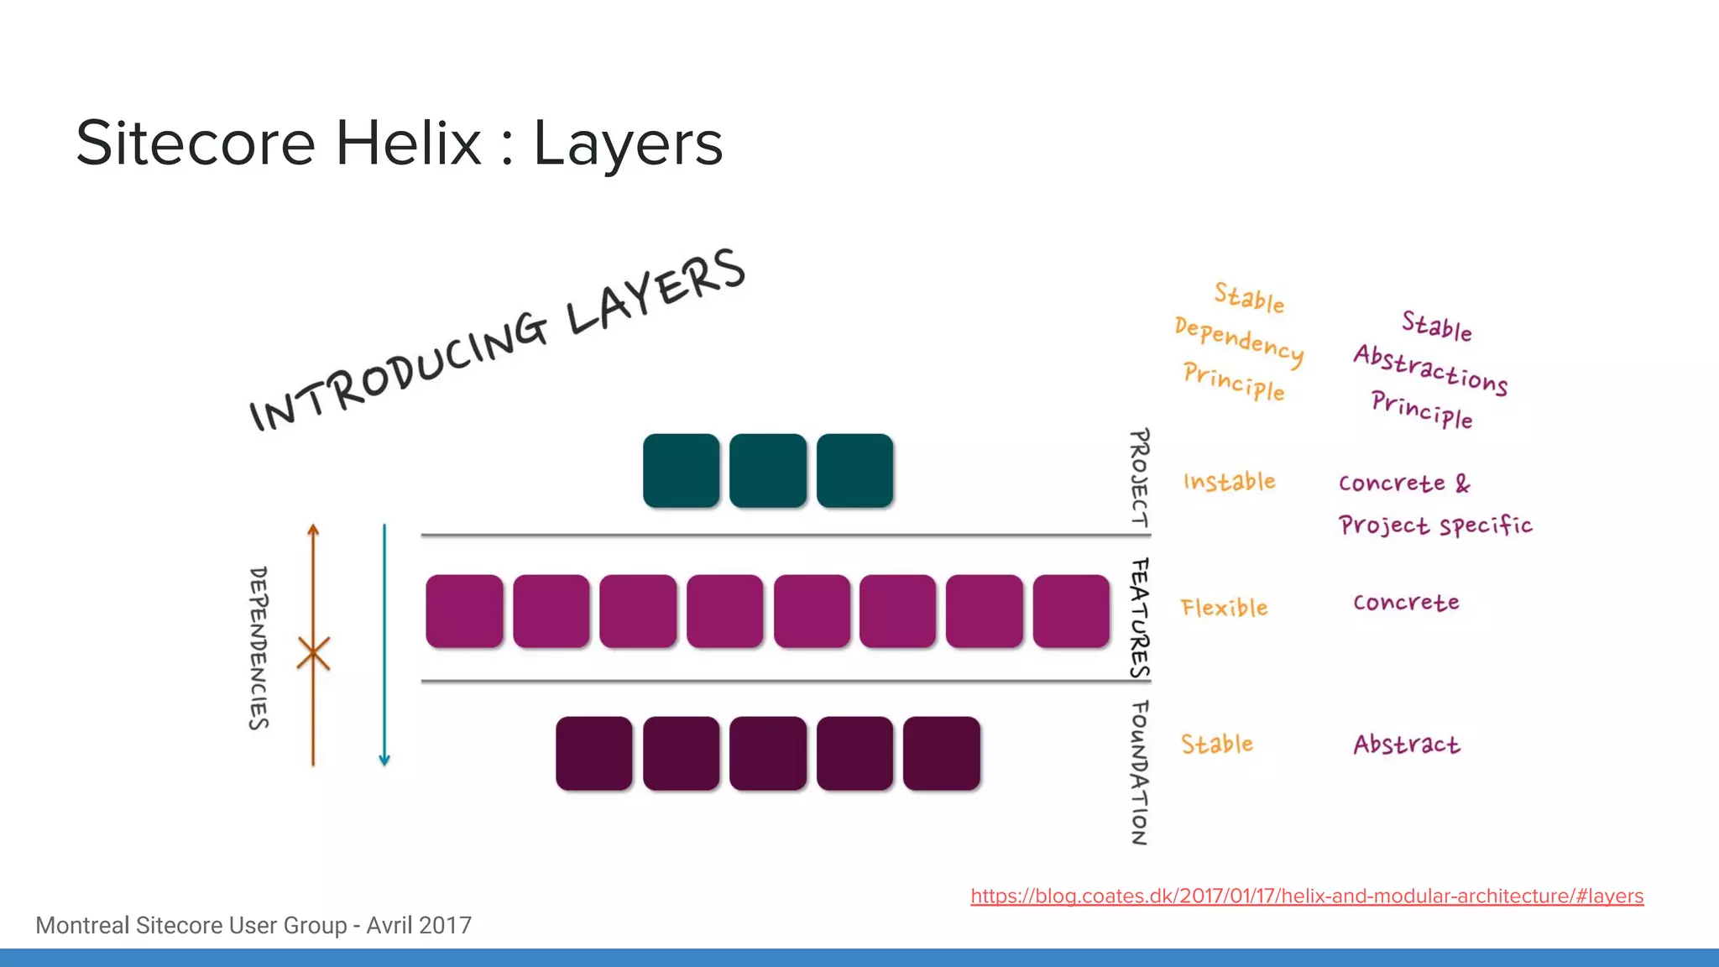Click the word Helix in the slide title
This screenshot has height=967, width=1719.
pyautogui.click(x=409, y=144)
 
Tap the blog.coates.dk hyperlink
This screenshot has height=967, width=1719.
pyautogui.click(x=1306, y=896)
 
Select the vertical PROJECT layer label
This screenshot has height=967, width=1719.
pyautogui.click(x=1139, y=478)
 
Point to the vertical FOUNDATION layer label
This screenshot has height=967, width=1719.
pyautogui.click(x=1139, y=772)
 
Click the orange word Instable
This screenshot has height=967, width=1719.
pyautogui.click(x=1229, y=482)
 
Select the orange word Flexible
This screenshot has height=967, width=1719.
pyautogui.click(x=1224, y=608)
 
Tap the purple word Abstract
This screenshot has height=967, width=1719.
pyautogui.click(x=1406, y=745)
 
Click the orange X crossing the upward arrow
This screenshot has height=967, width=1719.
pyautogui.click(x=313, y=653)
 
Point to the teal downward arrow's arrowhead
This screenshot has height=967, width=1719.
pyautogui.click(x=384, y=761)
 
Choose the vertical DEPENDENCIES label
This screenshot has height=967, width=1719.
pyautogui.click(x=259, y=648)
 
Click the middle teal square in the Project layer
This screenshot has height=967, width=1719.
pyautogui.click(x=767, y=470)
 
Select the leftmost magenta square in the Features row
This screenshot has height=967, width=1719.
pyautogui.click(x=464, y=611)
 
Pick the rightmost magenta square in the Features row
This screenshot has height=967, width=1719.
pyautogui.click(x=1071, y=611)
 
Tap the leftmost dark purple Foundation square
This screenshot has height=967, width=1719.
pyautogui.click(x=593, y=753)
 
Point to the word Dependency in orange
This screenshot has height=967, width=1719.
pyautogui.click(x=1239, y=341)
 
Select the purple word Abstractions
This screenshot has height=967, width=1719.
pyautogui.click(x=1430, y=369)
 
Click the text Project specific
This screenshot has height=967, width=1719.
pyautogui.click(x=1434, y=526)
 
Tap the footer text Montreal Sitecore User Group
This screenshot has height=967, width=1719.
pyautogui.click(x=191, y=925)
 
